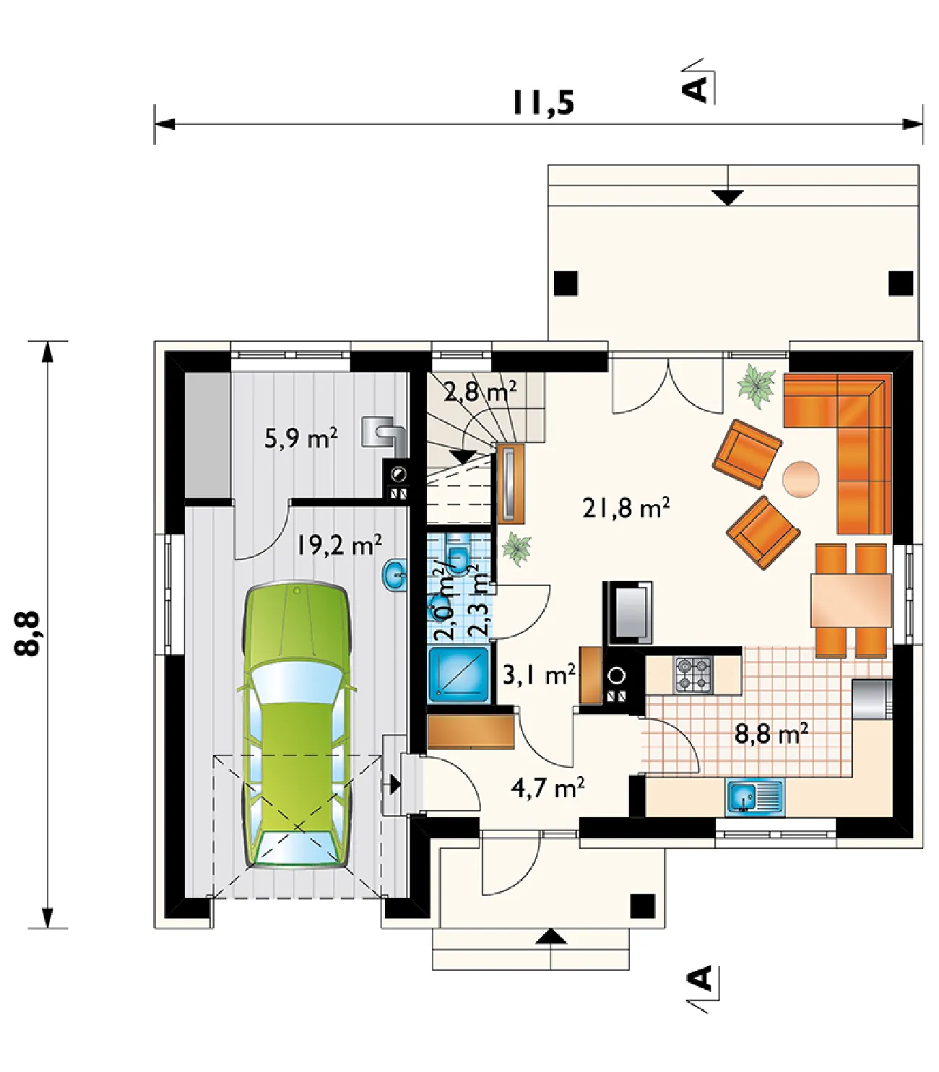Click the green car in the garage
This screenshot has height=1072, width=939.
pyautogui.click(x=296, y=725)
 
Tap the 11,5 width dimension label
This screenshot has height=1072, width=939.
pyautogui.click(x=544, y=103)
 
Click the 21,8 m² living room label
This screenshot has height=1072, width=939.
pyautogui.click(x=626, y=507)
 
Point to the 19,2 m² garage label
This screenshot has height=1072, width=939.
pyautogui.click(x=339, y=545)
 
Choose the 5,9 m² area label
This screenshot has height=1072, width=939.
pyautogui.click(x=301, y=438)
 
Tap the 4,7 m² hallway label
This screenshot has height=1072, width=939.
pyautogui.click(x=548, y=788)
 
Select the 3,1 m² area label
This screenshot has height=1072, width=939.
pyautogui.click(x=539, y=676)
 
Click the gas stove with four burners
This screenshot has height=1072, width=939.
pyautogui.click(x=693, y=675)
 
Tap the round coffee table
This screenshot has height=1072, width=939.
pyautogui.click(x=800, y=479)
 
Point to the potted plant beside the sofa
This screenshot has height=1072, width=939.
pyautogui.click(x=756, y=385)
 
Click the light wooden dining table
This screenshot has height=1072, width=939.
pyautogui.click(x=851, y=601)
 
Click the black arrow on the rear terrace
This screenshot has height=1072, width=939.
pyautogui.click(x=727, y=198)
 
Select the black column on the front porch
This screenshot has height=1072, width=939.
pyautogui.click(x=642, y=906)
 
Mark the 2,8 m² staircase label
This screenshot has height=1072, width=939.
pyautogui.click(x=480, y=391)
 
